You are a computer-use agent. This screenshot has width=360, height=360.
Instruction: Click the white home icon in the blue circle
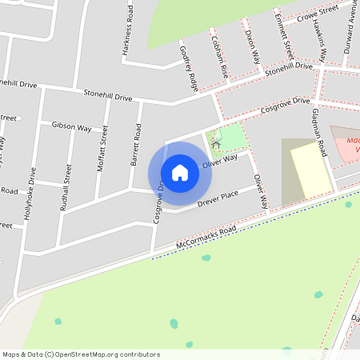pos(179,173)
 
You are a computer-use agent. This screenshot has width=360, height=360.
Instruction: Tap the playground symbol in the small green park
pos(216,145)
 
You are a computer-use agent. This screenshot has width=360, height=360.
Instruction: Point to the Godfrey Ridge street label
pos(189,67)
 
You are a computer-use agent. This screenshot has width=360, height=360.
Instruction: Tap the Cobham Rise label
pos(218,55)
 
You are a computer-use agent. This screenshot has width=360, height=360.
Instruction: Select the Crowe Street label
pos(318,14)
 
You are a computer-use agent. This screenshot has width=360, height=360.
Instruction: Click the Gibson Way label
pos(71,127)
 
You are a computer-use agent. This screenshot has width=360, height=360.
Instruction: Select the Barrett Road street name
pos(135,145)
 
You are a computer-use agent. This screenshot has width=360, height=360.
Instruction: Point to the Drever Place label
pos(218,197)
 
